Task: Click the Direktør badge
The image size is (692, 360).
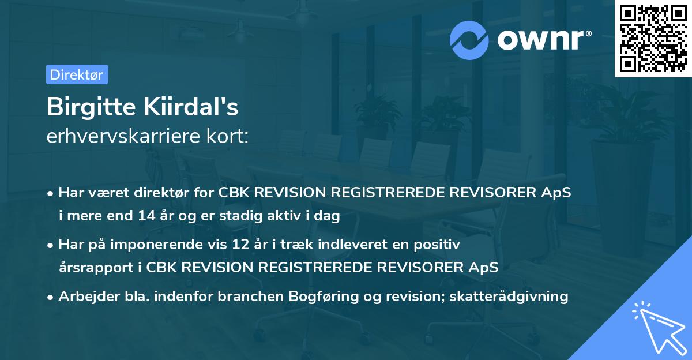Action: coord(77,74)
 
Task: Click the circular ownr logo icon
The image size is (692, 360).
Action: coord(469,40)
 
